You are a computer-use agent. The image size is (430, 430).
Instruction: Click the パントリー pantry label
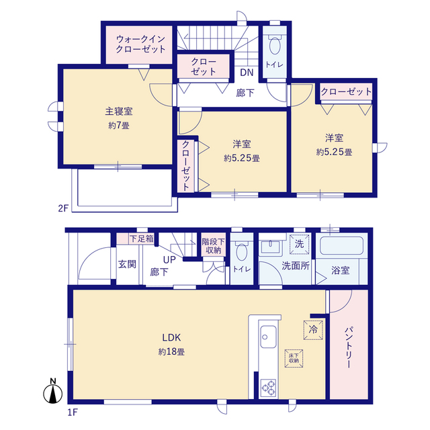(x=349, y=347)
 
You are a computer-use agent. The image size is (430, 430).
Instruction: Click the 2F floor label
(x=62, y=208)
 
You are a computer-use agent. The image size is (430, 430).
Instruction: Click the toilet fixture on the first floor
(x=242, y=253)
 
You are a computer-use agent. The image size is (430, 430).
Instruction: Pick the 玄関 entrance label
(x=127, y=263)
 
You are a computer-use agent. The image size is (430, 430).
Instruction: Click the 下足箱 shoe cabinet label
(x=141, y=238)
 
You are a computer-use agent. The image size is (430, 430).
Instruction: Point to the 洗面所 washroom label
(x=296, y=265)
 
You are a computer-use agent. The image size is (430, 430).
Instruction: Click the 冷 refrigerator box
(x=312, y=329)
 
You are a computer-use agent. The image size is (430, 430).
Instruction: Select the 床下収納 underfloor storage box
(x=294, y=357)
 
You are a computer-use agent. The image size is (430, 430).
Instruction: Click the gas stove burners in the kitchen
(x=269, y=388)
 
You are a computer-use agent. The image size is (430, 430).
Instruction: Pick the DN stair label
(x=246, y=73)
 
